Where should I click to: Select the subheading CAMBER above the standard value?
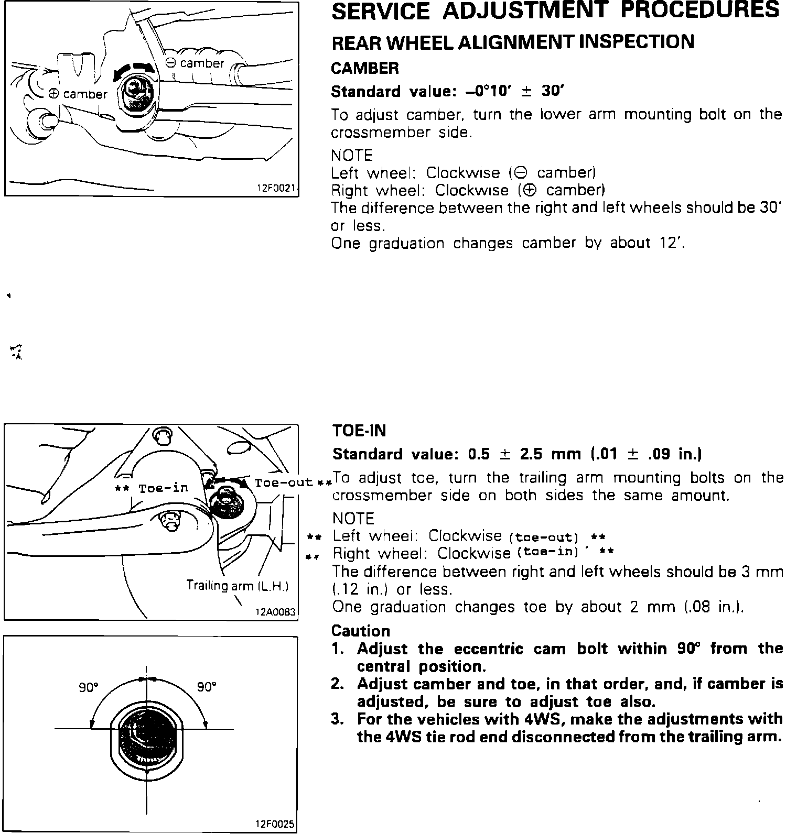click(x=365, y=68)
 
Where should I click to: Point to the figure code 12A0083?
click(x=275, y=611)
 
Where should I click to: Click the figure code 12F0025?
click(x=275, y=824)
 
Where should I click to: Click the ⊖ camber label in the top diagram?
click(x=195, y=63)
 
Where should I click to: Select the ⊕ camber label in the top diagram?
click(x=77, y=94)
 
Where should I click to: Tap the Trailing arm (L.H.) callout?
click(x=238, y=586)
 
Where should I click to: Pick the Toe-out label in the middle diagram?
click(x=283, y=482)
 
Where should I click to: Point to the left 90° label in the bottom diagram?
click(x=89, y=687)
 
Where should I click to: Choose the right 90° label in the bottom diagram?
click(x=207, y=687)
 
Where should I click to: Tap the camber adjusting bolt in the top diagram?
click(x=138, y=93)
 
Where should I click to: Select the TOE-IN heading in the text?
click(x=359, y=431)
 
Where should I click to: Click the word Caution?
click(x=361, y=631)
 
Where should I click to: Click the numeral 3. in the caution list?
click(x=337, y=719)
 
